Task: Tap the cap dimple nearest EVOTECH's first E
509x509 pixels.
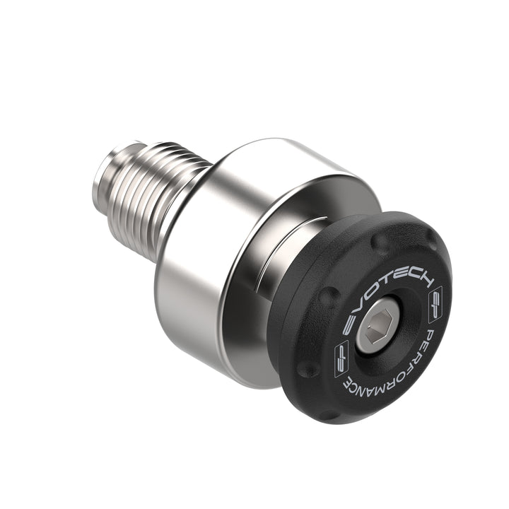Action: click(x=327, y=298)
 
